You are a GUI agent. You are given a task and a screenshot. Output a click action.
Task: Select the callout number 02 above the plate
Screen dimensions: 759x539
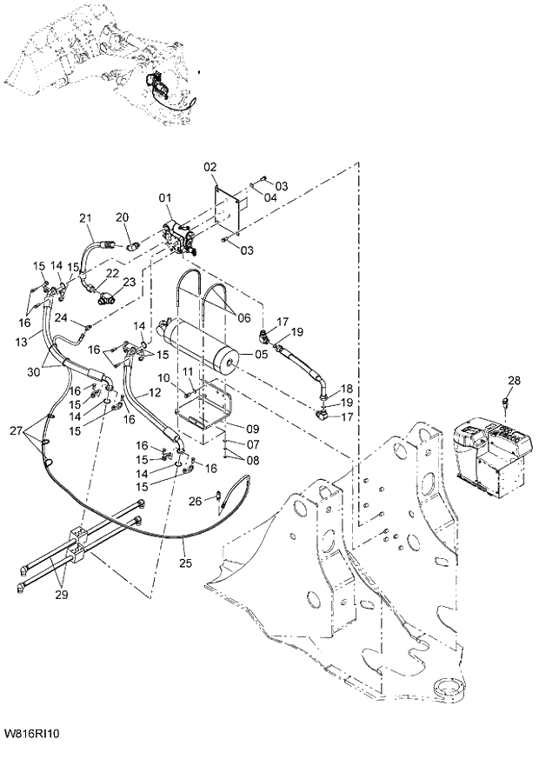pos(210,166)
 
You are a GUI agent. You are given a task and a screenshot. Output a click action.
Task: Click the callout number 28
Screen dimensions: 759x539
pos(514,380)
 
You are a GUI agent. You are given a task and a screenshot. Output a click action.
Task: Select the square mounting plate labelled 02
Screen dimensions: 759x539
pos(230,209)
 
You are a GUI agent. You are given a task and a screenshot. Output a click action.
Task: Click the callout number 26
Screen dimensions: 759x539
pos(195,500)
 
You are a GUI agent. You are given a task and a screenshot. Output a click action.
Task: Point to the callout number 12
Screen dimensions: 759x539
pos(155,392)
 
